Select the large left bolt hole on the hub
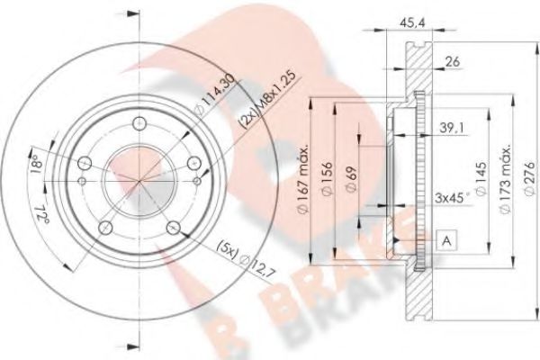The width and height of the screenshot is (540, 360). [85, 163]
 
